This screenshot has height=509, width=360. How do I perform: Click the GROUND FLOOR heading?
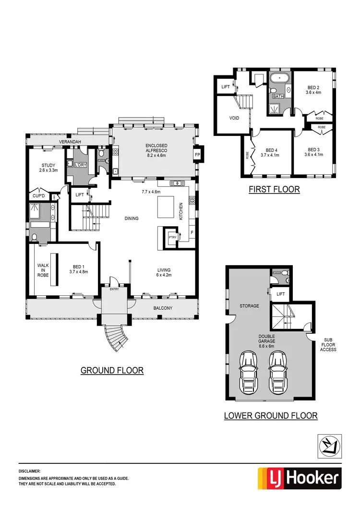pyautogui.click(x=112, y=370)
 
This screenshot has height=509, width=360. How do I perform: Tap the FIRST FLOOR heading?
pyautogui.click(x=274, y=189)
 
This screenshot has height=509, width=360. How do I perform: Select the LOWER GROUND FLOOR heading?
pyautogui.click(x=271, y=415)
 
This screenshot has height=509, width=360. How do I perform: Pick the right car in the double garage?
pyautogui.click(x=279, y=371)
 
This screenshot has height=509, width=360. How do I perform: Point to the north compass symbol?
pyautogui.click(x=330, y=445)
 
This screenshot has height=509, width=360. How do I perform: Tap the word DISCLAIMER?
pyautogui.click(x=30, y=472)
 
